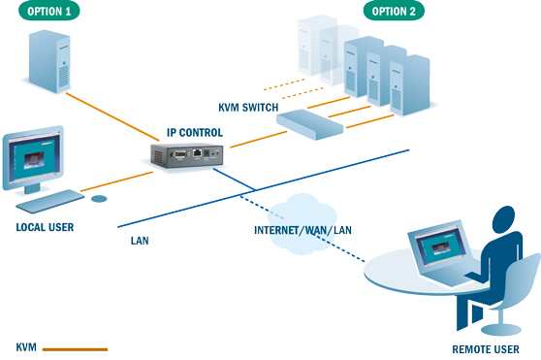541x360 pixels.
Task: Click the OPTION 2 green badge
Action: (394, 12)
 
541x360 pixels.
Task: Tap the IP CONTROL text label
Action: (195, 132)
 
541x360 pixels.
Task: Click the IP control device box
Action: (190, 153)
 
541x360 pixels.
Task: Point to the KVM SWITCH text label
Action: (248, 107)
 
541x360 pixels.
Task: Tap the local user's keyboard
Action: (50, 201)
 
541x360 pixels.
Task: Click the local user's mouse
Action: (99, 198)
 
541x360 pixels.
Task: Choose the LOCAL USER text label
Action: (45, 228)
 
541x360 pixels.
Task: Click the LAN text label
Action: (140, 236)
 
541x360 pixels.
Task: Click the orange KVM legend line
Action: (76, 347)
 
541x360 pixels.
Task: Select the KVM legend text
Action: (26, 346)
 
